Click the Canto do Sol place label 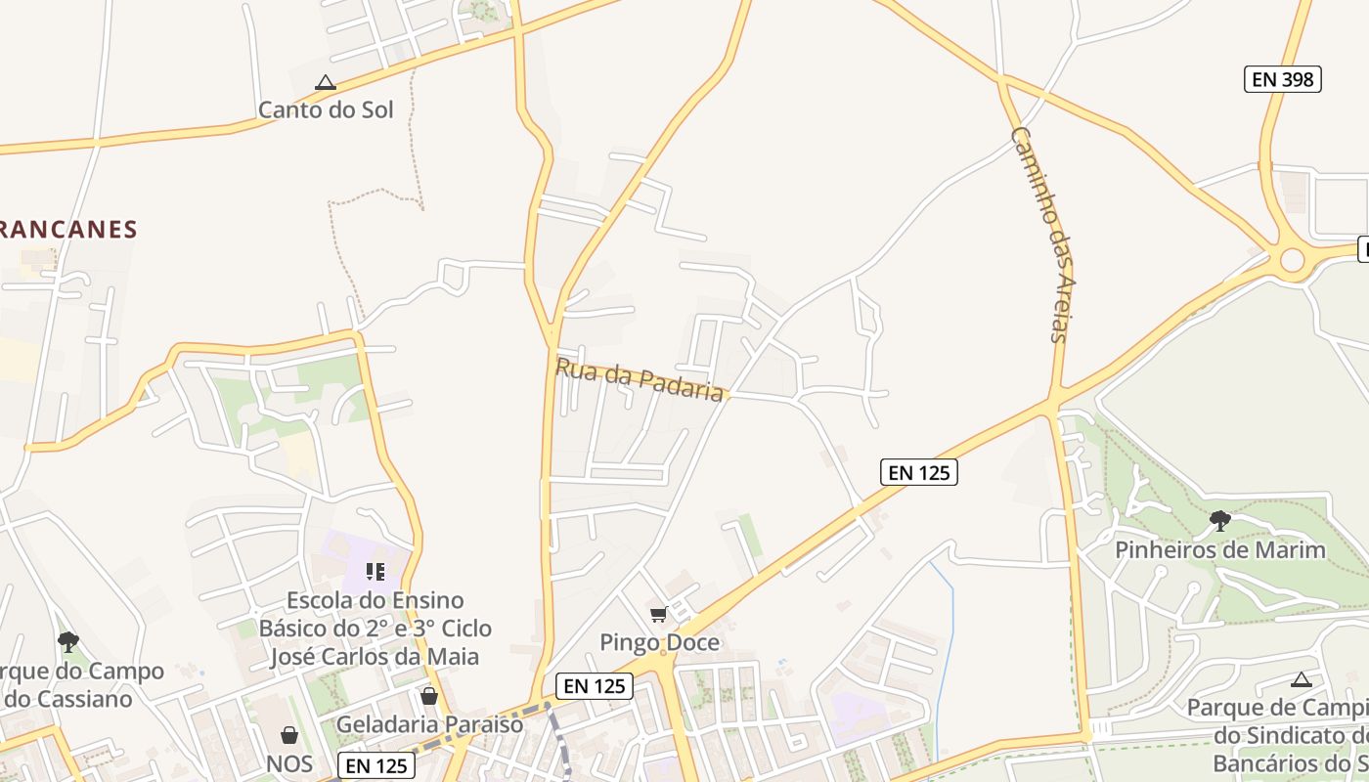click(x=326, y=109)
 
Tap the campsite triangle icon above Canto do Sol click(x=326, y=83)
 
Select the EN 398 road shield click(x=1282, y=79)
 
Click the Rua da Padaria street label click(x=640, y=379)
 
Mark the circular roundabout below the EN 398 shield click(x=1293, y=260)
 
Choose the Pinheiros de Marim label click(x=1220, y=549)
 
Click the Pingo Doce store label click(x=660, y=642)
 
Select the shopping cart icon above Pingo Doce click(x=659, y=615)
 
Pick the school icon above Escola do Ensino click(x=375, y=571)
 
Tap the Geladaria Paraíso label click(x=430, y=724)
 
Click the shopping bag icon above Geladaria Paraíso click(x=429, y=696)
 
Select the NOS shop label click(x=289, y=763)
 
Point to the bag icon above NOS click(x=289, y=735)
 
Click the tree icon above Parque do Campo click(x=68, y=642)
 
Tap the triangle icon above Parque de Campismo click(x=1301, y=679)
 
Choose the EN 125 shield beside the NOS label click(x=376, y=765)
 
